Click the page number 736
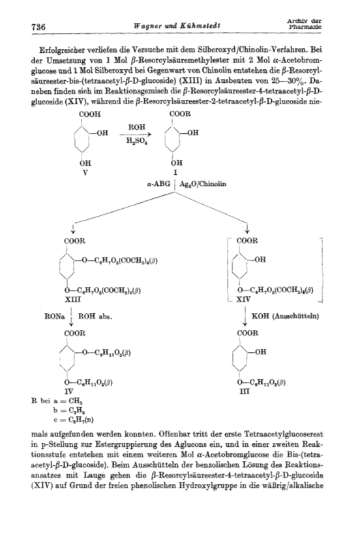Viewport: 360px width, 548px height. coord(38,27)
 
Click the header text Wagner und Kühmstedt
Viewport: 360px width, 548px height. coord(177,25)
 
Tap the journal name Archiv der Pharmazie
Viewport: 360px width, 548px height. coord(304,23)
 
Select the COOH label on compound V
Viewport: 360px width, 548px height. coord(90,114)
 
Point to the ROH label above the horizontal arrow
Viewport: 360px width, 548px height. coord(137,127)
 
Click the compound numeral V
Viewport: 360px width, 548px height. coord(83,172)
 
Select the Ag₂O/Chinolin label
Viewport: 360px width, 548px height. coord(203,184)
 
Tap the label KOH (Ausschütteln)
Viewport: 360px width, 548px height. coord(285,316)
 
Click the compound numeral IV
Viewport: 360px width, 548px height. coord(69,392)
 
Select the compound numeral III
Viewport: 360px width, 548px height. coord(244,392)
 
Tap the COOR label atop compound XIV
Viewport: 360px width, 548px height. coord(247,241)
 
